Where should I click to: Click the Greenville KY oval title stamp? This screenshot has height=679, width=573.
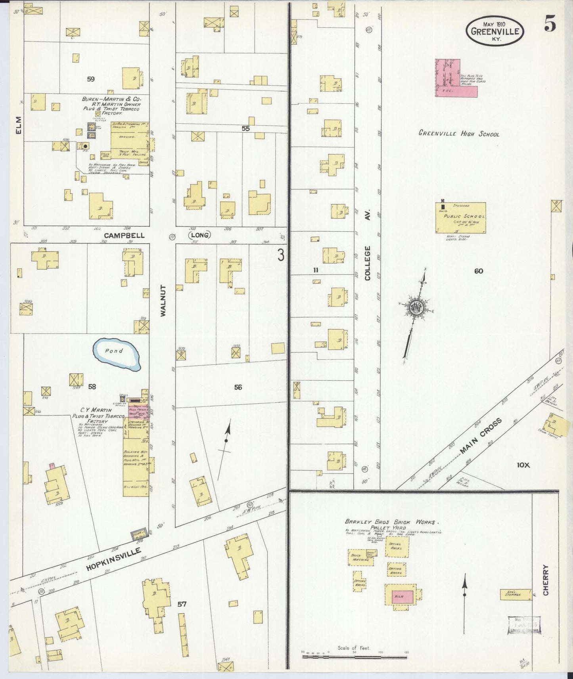[x=495, y=31]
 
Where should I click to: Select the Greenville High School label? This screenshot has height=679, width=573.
[x=459, y=134]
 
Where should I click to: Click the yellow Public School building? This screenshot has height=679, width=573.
[x=460, y=218]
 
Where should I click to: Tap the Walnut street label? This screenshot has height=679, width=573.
[x=163, y=300]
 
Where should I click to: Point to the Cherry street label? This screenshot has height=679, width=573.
[x=546, y=580]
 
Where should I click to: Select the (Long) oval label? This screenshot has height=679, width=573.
[x=200, y=235]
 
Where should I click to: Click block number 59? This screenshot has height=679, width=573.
[x=91, y=79]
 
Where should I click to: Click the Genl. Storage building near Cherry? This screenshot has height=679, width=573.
[x=515, y=594]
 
